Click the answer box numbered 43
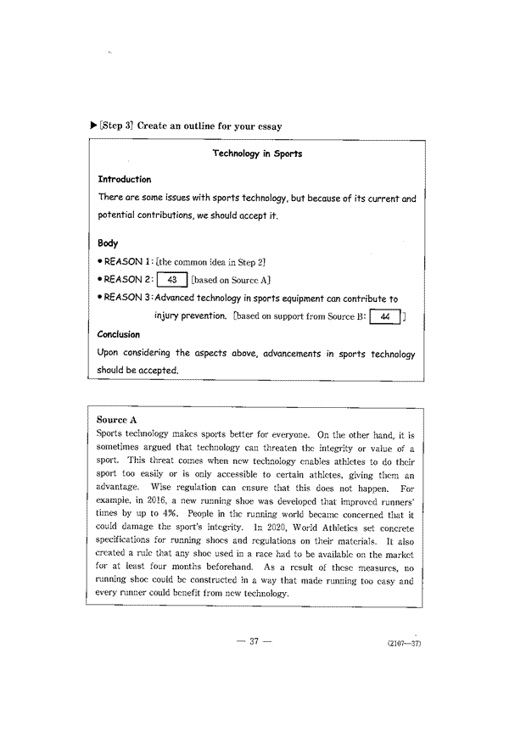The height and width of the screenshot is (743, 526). [172, 280]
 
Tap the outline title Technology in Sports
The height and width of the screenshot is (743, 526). [257, 154]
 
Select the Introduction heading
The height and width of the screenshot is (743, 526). [125, 180]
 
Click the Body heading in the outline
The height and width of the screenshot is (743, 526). [108, 243]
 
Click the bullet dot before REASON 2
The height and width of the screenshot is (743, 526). [100, 281]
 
